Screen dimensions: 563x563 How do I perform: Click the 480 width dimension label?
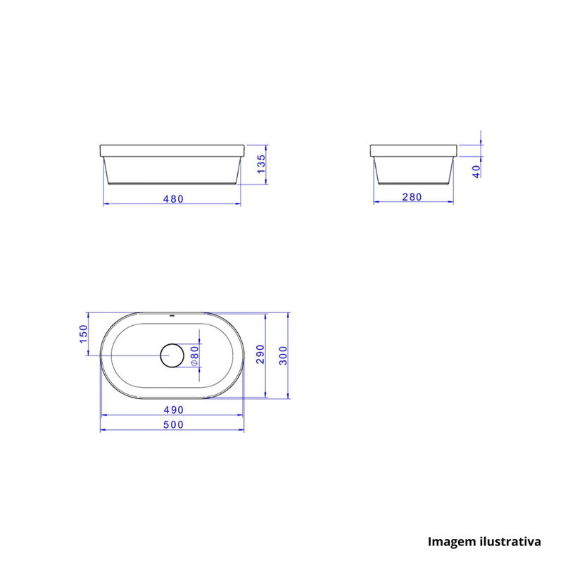tap(173, 198)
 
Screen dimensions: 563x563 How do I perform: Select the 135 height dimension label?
tap(260, 164)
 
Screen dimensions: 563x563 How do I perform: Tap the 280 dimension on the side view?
tap(412, 197)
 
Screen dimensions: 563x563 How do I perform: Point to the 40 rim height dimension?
tap(476, 170)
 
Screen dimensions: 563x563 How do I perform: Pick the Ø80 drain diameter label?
tap(195, 356)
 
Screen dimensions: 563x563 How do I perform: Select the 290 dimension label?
tap(260, 354)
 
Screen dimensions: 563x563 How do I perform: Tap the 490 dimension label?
tap(173, 410)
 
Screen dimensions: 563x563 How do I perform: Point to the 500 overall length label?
tap(173, 424)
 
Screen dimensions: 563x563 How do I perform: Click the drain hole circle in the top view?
tap(172, 356)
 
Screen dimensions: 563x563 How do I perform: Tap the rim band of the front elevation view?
tap(172, 151)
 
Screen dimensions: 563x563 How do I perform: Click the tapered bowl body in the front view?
tap(172, 170)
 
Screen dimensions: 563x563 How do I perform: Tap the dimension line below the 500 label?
tap(172, 432)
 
